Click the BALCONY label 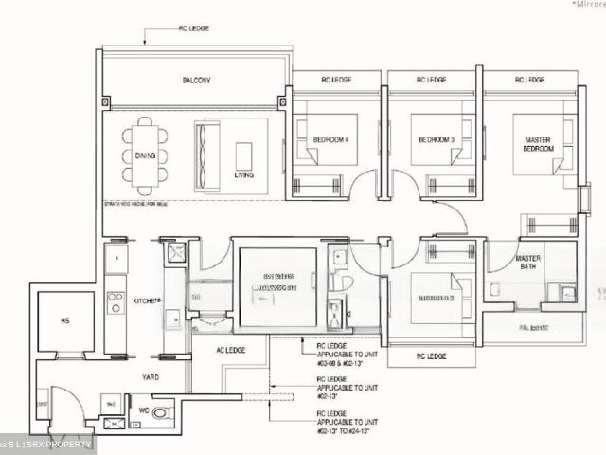click(x=196, y=82)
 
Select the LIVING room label click(x=244, y=174)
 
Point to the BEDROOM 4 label click(x=331, y=140)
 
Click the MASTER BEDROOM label click(x=538, y=145)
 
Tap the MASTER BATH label click(x=528, y=264)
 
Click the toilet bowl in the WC click(x=162, y=412)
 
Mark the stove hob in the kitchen click(x=116, y=302)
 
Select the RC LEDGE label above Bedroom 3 click(x=431, y=80)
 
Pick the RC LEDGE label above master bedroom click(x=527, y=80)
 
